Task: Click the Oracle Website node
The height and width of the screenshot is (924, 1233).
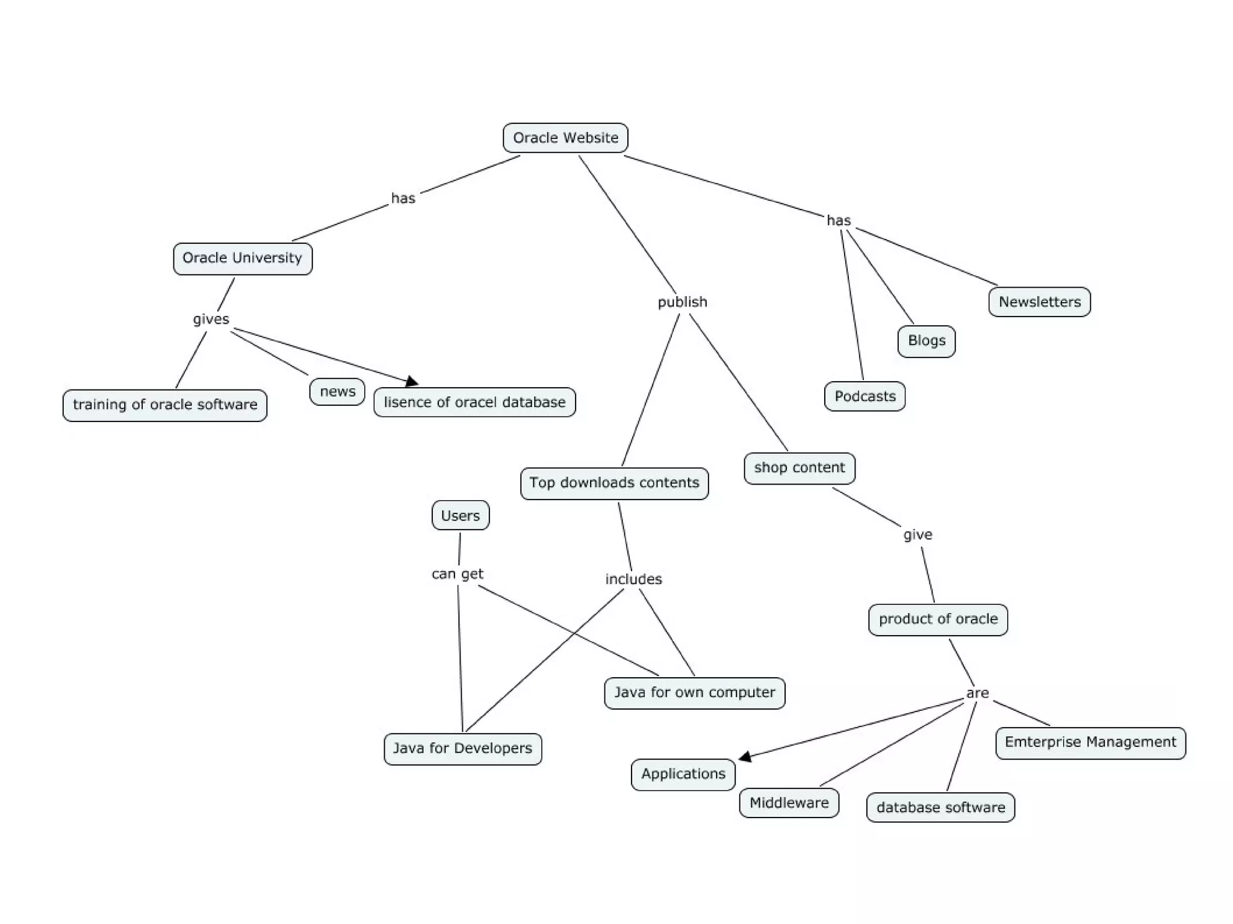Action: (565, 138)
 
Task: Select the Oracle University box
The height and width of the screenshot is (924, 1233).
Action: (243, 258)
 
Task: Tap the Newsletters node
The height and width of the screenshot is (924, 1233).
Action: (1039, 302)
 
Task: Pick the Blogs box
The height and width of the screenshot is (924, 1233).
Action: (926, 341)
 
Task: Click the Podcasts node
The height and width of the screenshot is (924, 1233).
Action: (865, 396)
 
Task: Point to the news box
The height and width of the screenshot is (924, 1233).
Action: (337, 391)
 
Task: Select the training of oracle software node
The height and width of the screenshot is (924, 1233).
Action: (165, 405)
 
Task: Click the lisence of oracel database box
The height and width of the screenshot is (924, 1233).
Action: (474, 402)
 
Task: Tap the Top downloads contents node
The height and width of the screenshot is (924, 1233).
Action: (614, 483)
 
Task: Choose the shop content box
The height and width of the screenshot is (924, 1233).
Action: (800, 468)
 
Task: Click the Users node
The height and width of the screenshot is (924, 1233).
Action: (460, 515)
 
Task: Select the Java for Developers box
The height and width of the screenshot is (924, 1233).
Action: (462, 748)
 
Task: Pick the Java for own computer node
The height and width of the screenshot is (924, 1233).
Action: (694, 692)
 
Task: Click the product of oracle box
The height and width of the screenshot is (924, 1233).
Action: (938, 619)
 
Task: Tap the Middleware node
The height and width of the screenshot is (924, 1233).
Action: (789, 802)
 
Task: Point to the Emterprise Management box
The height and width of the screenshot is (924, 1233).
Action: (1090, 742)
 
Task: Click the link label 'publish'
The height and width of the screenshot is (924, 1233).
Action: (682, 302)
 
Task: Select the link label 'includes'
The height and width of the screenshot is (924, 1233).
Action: (633, 579)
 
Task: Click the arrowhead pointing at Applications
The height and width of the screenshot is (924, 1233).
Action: (745, 757)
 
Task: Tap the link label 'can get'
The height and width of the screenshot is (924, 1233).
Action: (458, 574)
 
